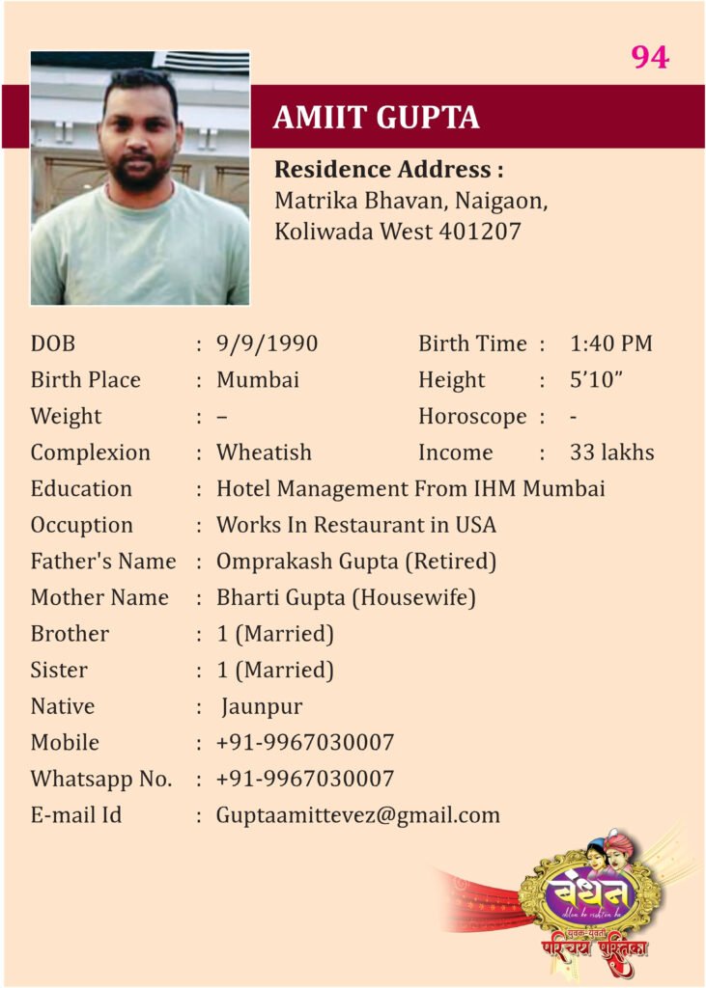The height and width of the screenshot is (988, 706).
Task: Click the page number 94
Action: coord(650,58)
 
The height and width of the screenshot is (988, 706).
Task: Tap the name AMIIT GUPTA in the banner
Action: coord(376,117)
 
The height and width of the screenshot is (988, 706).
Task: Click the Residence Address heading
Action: coord(389,170)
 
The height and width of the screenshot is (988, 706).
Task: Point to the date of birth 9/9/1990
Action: coord(267,343)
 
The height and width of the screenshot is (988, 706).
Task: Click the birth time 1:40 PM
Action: coord(610,343)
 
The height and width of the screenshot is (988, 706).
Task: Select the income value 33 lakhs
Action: coord(611,453)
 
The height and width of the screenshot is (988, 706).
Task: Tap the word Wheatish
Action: coord(264,453)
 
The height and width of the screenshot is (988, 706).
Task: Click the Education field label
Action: coord(81,489)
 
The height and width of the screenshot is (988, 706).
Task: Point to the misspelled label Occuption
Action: coord(81,526)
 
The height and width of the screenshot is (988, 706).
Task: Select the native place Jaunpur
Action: coord(262,707)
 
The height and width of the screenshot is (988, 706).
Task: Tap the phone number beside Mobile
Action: coord(304,743)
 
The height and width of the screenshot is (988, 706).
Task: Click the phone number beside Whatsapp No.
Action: coord(304,780)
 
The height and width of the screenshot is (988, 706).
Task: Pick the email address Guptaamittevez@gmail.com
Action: coord(357,815)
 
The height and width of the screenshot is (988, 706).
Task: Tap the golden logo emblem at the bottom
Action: coord(589,892)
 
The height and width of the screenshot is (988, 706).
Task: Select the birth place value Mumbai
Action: coord(257,380)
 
